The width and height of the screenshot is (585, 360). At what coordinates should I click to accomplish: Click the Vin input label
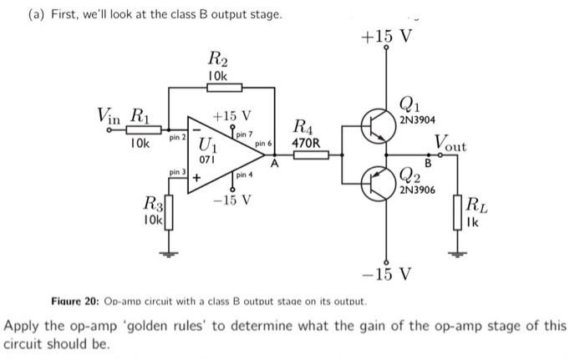point(110,113)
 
